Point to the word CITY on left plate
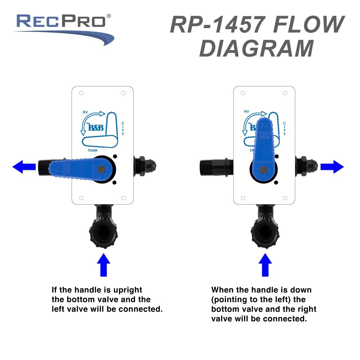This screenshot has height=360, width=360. coord(123,129)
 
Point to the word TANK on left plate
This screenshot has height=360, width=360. coord(93,150)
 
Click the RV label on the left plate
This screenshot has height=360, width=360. coord(85,112)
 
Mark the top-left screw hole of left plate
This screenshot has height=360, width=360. coord(81,93)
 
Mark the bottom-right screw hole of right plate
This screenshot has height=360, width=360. coord(285,198)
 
